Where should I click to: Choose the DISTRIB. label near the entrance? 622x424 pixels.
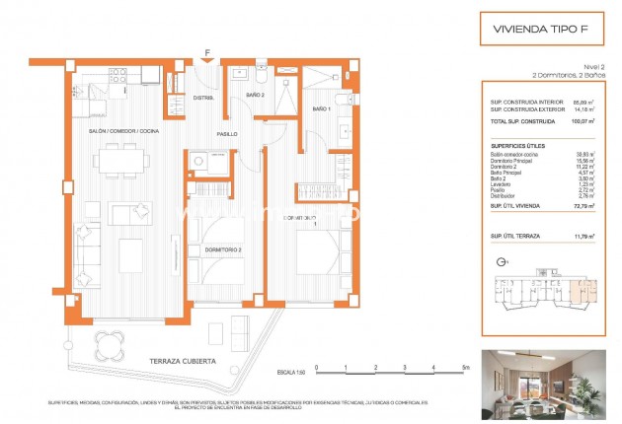tap(203, 98)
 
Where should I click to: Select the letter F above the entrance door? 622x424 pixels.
tap(207, 52)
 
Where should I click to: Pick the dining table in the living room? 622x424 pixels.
tap(126, 156)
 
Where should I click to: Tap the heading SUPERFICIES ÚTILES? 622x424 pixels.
tap(518, 145)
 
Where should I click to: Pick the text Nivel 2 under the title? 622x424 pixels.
tap(595, 65)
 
